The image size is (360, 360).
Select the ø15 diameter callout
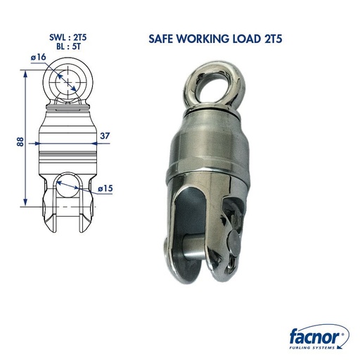tap(105, 188)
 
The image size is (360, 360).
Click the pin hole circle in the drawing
tap(69, 188)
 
